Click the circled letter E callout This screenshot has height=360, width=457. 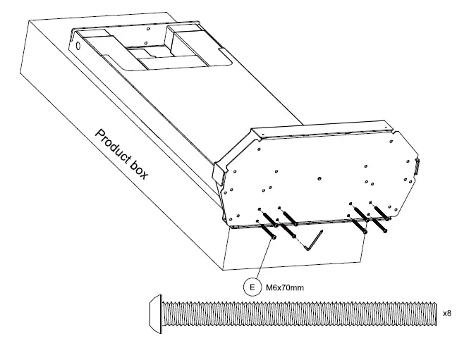coord(251,287)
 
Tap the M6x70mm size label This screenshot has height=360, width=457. coord(280,287)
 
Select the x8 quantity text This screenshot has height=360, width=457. coord(446,312)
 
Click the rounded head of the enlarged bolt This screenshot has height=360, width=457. coord(157,312)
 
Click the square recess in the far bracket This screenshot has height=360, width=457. coord(147,53)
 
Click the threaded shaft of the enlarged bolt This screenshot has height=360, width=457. coord(296,312)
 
